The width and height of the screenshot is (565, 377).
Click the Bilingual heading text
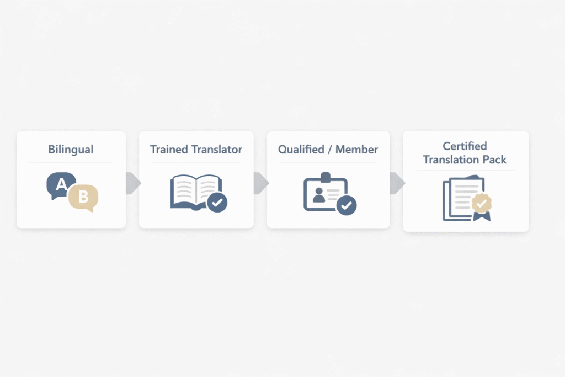click(71, 149)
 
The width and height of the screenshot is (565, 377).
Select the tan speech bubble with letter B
click(83, 198)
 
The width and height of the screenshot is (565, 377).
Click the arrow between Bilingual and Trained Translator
click(132, 183)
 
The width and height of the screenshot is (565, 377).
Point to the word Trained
click(169, 149)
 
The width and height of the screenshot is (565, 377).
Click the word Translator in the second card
click(217, 149)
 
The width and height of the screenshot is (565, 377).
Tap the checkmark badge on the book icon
click(217, 203)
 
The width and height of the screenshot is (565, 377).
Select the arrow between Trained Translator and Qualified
click(260, 183)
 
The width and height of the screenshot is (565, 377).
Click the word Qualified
click(302, 149)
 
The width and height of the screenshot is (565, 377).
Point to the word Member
click(357, 149)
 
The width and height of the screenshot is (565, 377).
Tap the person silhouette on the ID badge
click(318, 194)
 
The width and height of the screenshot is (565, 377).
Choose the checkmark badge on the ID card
click(347, 205)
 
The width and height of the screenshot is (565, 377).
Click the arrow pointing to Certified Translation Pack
click(397, 183)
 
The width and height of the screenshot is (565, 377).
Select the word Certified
click(465, 146)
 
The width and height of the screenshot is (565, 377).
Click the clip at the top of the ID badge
click(325, 176)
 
